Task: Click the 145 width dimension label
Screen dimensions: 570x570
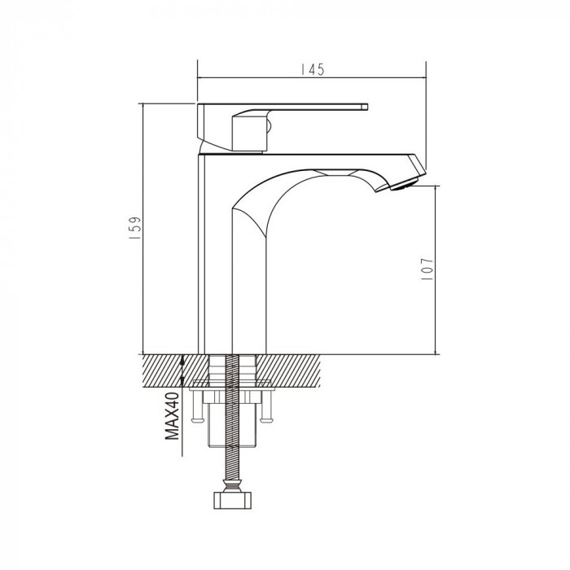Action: (312, 69)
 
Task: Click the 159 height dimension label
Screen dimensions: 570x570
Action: (134, 228)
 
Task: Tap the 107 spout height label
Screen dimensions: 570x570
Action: (427, 269)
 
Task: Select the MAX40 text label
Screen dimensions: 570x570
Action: (173, 416)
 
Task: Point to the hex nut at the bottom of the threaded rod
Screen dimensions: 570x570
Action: (232, 500)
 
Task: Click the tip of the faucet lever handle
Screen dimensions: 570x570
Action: (365, 107)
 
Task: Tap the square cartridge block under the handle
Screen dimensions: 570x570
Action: (248, 132)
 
